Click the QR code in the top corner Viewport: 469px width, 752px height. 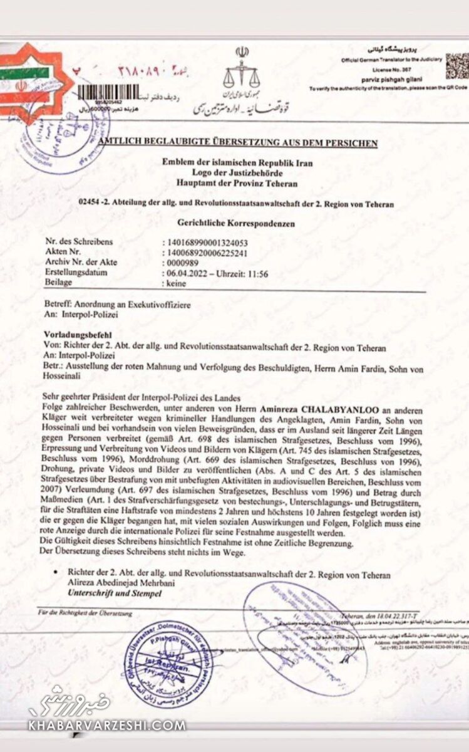coord(456,66)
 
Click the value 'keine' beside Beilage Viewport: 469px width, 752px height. coord(177,283)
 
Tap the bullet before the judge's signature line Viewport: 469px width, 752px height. coord(56,573)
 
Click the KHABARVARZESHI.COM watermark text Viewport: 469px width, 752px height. coord(106,726)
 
